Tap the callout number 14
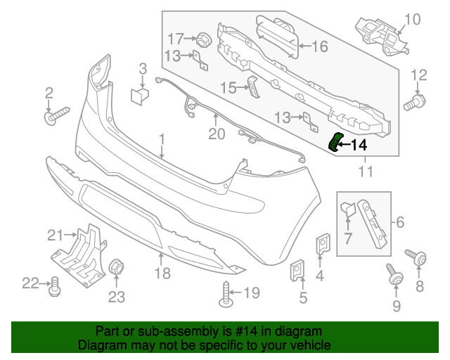(x=358, y=146)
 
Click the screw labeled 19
(x=226, y=293)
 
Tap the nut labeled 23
(x=116, y=268)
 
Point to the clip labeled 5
(x=297, y=269)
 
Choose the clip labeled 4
(x=323, y=243)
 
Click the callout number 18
(x=162, y=273)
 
